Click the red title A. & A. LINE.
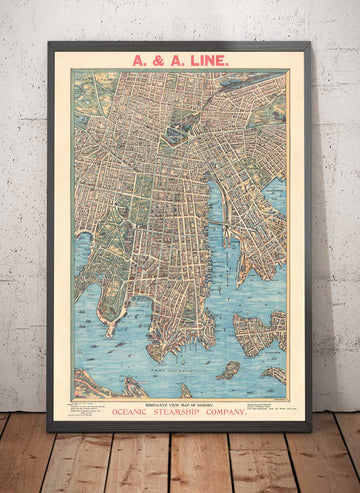click(x=180, y=60)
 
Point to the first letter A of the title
click(x=137, y=60)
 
